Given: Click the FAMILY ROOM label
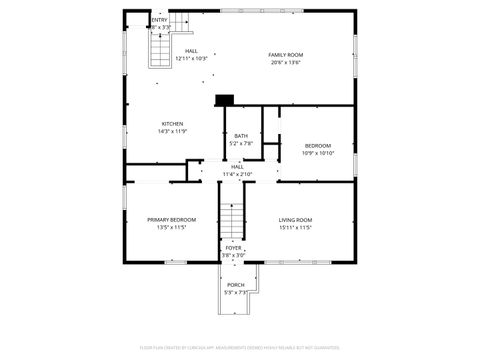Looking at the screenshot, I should click(286, 54).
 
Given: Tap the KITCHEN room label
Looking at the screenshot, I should click(172, 124).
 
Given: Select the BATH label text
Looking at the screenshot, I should click(241, 136).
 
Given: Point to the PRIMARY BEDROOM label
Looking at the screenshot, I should click(171, 219).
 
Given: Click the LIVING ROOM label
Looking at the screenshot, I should click(295, 219).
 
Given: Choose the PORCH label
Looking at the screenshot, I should click(235, 285).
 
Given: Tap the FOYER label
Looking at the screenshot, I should click(233, 247).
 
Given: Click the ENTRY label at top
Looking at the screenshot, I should click(159, 20).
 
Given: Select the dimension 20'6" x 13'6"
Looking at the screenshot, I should click(286, 62).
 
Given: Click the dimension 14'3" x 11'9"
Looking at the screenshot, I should click(172, 132).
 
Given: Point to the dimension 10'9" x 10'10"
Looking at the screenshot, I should click(318, 153).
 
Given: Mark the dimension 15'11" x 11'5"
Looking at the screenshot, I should click(295, 227).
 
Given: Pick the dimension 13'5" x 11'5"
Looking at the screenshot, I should click(171, 227).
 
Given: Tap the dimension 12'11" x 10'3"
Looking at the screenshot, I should click(190, 58).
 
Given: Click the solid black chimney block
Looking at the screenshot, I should click(224, 99).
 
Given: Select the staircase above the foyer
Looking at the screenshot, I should click(232, 220).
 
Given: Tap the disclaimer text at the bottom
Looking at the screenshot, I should click(239, 348).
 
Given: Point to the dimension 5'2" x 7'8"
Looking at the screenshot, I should click(241, 144).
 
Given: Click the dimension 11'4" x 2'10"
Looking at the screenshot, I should click(237, 174).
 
